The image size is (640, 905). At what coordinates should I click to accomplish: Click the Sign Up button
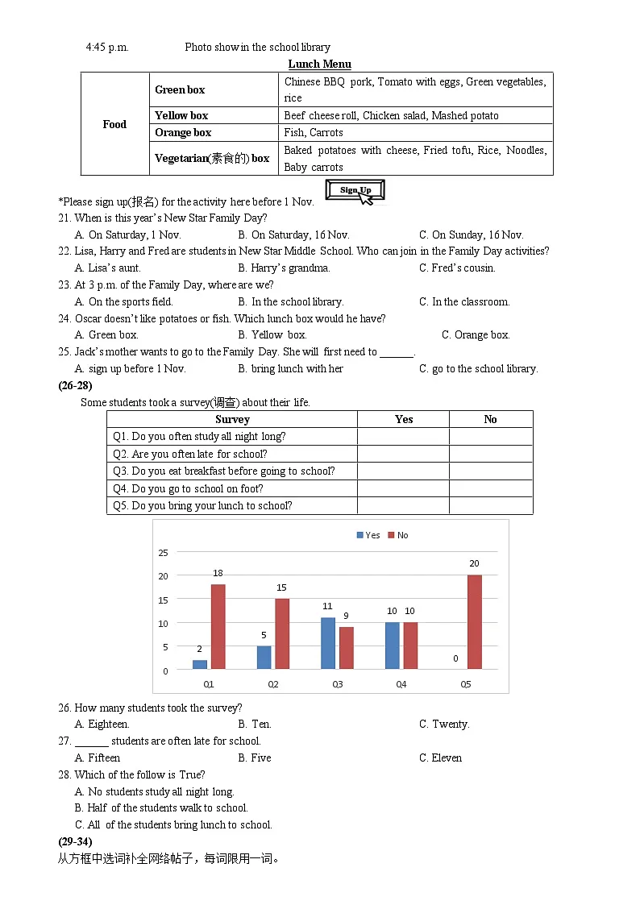pos(355,190)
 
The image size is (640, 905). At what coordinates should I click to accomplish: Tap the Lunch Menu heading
pos(320,64)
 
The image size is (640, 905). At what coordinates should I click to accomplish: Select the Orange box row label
pos(183,132)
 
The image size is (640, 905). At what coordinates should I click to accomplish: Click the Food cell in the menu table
pos(114,124)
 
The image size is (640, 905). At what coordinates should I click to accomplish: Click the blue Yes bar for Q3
pos(328,643)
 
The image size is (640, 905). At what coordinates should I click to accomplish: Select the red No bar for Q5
pos(474,621)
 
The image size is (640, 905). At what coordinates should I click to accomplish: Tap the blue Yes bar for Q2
pos(264,657)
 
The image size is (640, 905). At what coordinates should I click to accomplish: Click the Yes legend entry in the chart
pos(368,535)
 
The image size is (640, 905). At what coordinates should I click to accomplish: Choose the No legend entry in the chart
pos(398,535)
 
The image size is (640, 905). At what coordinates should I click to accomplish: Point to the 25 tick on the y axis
pos(163,553)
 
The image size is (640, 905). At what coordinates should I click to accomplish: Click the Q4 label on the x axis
pos(401,684)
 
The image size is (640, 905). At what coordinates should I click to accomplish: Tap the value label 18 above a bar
pos(218,574)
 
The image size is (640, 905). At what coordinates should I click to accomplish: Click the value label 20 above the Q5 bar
pos(474,564)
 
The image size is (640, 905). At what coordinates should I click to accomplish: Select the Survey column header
pos(232,419)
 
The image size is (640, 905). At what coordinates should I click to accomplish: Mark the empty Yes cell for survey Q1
pos(403,437)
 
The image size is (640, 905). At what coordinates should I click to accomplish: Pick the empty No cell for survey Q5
pos(490,506)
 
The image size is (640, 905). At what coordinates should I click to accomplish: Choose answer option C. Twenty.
pos(444,724)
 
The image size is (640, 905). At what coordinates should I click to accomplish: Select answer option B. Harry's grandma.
pos(284,268)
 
